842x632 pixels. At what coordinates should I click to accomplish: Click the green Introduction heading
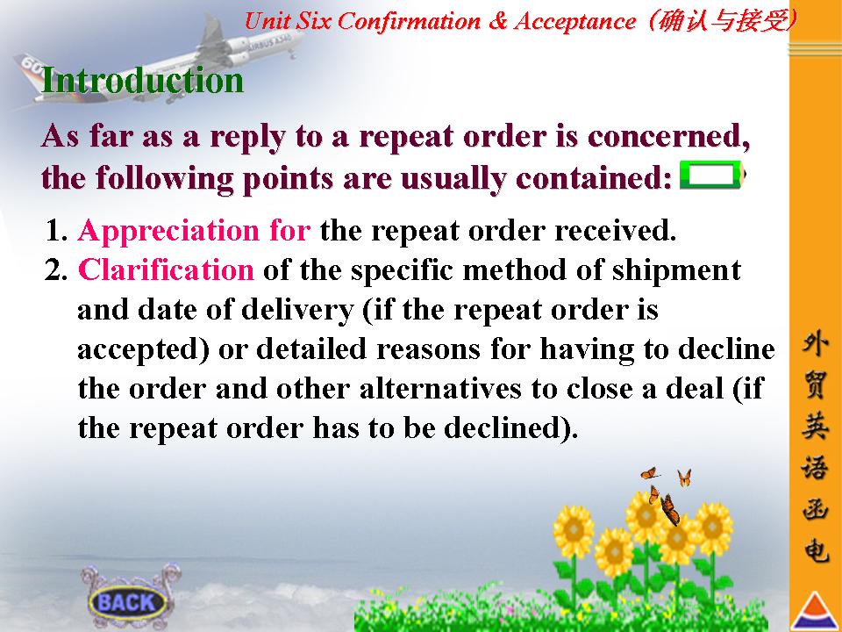(142, 80)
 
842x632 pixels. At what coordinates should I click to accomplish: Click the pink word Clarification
(166, 269)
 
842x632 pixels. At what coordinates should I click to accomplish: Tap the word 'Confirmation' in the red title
(409, 21)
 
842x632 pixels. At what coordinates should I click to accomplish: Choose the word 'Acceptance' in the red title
(574, 21)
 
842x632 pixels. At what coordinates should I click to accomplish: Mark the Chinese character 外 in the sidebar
(815, 343)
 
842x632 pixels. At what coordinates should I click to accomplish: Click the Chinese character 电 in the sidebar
(815, 549)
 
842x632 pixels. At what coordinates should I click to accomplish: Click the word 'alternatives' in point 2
(441, 389)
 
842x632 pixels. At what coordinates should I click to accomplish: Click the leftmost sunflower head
(573, 530)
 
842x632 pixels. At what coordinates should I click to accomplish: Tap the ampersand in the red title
(498, 21)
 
